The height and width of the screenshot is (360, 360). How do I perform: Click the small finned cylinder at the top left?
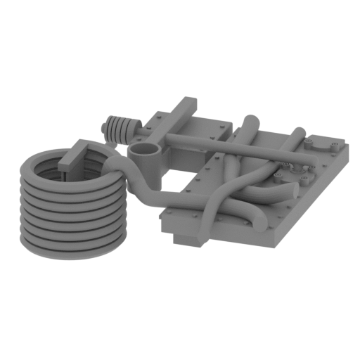(x=120, y=128)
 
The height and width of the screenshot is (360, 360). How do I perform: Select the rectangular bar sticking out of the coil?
(x=79, y=156)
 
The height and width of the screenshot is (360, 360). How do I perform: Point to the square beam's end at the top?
(x=188, y=103)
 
